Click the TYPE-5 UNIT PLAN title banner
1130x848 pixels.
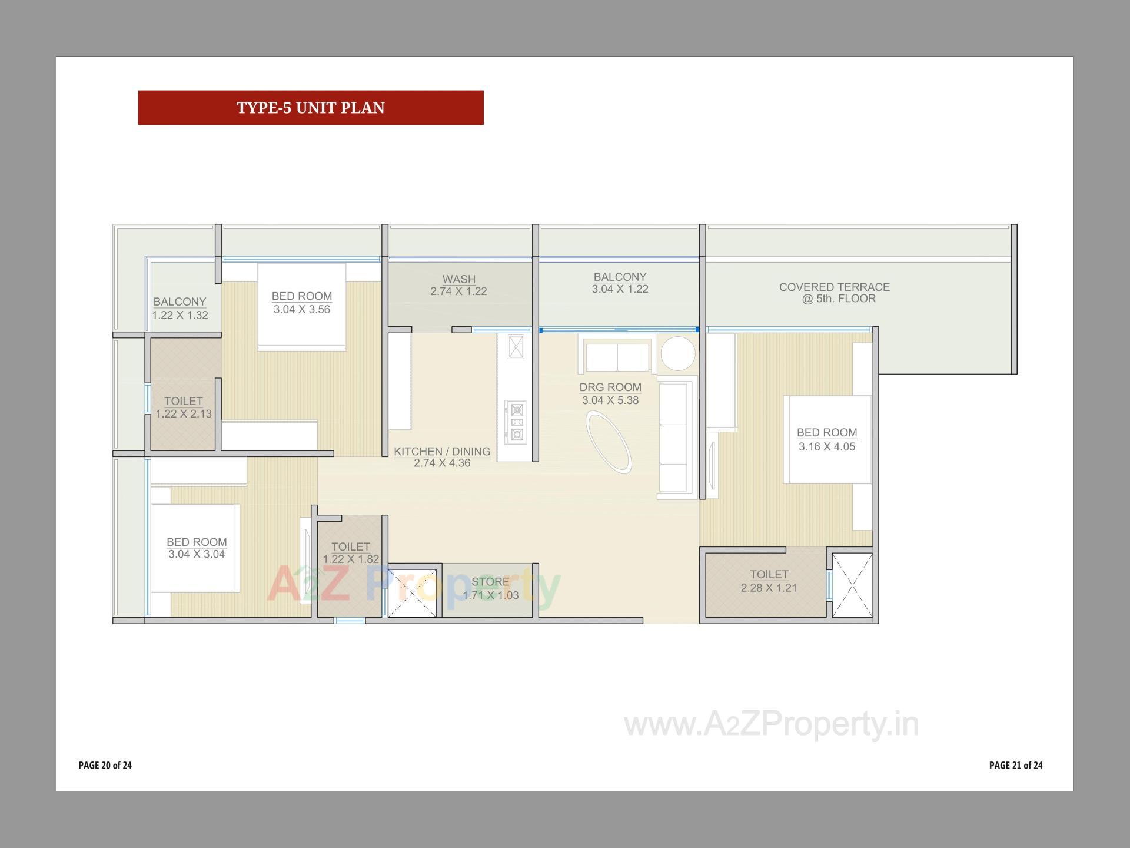(x=311, y=108)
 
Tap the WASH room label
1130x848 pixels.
(x=459, y=279)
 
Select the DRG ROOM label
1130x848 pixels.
(x=610, y=387)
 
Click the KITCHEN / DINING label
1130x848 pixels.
(x=442, y=451)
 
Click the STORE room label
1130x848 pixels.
(x=490, y=582)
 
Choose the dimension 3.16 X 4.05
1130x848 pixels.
(x=827, y=447)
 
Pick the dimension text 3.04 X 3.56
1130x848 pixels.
(x=302, y=310)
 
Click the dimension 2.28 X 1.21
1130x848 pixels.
(x=769, y=588)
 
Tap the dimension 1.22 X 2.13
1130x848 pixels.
(x=184, y=414)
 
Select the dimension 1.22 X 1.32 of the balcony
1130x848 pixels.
(x=180, y=315)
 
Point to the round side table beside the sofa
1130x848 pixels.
(x=678, y=353)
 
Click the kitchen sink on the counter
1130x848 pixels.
(x=516, y=346)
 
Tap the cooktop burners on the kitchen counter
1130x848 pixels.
(x=517, y=422)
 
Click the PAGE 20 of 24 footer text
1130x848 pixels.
(x=105, y=765)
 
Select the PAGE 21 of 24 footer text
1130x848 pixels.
(x=1016, y=765)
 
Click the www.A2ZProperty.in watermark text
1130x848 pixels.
(x=771, y=724)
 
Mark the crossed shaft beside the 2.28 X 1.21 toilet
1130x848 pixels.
(x=852, y=585)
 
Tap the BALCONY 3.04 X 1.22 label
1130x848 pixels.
(x=620, y=283)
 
